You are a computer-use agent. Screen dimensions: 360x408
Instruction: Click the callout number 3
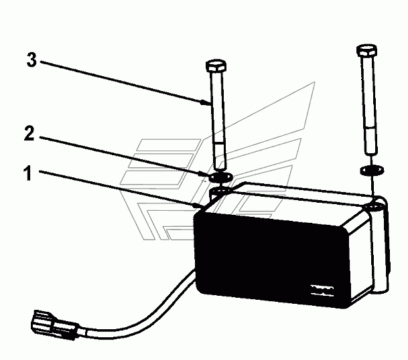[x=31, y=59]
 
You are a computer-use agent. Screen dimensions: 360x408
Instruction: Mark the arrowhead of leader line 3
[x=207, y=102]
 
